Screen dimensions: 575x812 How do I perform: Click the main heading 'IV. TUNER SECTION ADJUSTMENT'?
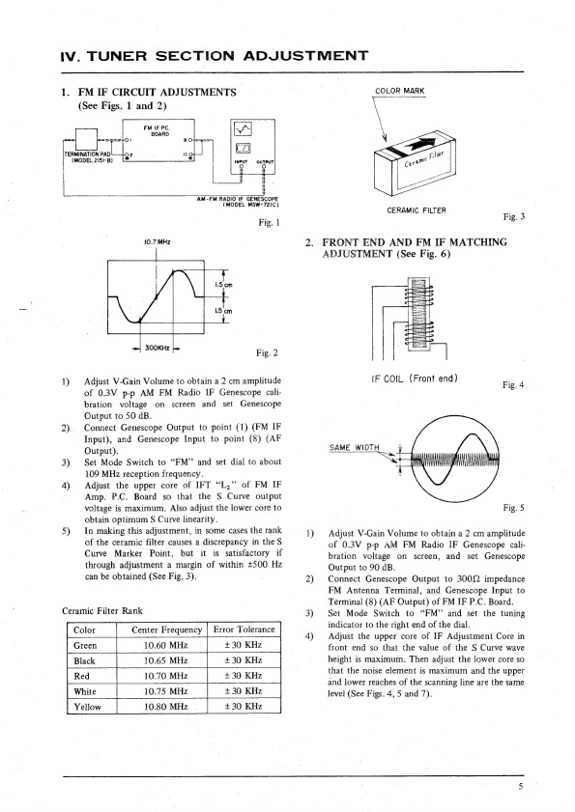[x=215, y=55]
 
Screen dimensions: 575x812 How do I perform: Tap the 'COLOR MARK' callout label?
[x=399, y=91]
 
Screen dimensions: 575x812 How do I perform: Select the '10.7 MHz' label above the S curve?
[x=158, y=241]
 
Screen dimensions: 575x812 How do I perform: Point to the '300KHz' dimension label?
[x=158, y=348]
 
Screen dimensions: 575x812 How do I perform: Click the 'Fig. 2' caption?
[x=267, y=353]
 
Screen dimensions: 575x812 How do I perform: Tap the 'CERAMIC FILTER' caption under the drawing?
[x=417, y=210]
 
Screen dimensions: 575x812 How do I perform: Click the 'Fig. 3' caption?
[x=514, y=217]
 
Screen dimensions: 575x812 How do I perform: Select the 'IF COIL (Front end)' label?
[x=415, y=378]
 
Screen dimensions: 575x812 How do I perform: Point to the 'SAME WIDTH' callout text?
[x=355, y=447]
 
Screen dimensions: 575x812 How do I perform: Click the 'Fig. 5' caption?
[x=513, y=508]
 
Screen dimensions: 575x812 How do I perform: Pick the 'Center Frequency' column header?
[x=166, y=630]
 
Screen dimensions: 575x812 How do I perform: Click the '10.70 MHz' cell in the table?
[x=165, y=676]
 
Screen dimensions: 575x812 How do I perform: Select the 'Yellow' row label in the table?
[x=87, y=707]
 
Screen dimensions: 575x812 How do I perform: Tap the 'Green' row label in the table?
[x=85, y=646]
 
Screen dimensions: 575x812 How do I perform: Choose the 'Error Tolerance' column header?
[x=244, y=630]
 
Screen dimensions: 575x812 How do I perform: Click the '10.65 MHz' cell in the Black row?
[x=165, y=660]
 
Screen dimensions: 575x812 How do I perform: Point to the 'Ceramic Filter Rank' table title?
[x=102, y=611]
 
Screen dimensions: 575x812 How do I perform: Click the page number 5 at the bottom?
[x=521, y=787]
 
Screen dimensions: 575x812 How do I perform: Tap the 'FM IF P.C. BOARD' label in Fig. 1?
[x=159, y=130]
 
